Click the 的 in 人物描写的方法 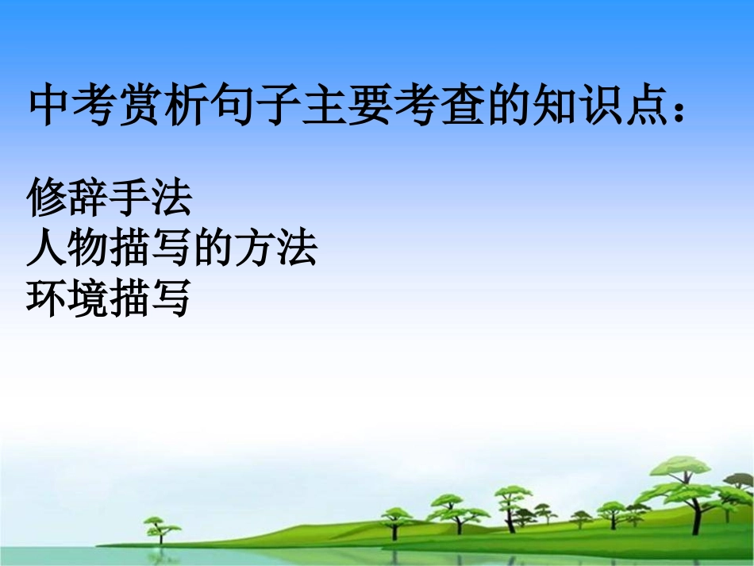[x=213, y=248]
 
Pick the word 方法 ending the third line [x=275, y=248]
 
